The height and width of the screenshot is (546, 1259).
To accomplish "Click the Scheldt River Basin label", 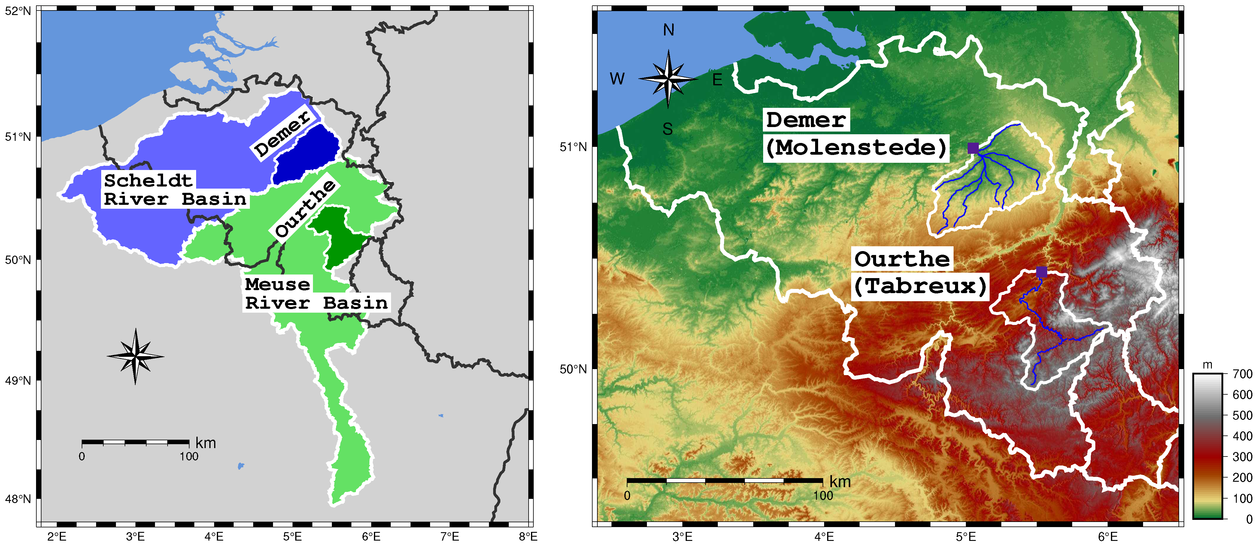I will pyautogui.click(x=174, y=190).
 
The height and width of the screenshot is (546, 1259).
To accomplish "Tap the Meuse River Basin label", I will pyautogui.click(x=316, y=293).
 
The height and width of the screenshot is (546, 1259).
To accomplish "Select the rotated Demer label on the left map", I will pyautogui.click(x=283, y=133).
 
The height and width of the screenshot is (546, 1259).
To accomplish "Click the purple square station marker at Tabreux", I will pyautogui.click(x=1042, y=272).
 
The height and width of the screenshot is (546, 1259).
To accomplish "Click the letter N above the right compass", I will pyautogui.click(x=669, y=30).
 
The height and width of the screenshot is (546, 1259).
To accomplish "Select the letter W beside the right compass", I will pyautogui.click(x=617, y=79).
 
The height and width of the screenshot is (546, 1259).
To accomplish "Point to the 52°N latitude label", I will pyautogui.click(x=18, y=11).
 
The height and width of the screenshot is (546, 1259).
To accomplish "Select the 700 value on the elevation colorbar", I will pyautogui.click(x=1242, y=374).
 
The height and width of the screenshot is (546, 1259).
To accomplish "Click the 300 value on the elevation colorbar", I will pyautogui.click(x=1242, y=457).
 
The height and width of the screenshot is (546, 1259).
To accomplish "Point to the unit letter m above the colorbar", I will pyautogui.click(x=1207, y=365).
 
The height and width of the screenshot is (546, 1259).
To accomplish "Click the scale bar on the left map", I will pyautogui.click(x=135, y=442).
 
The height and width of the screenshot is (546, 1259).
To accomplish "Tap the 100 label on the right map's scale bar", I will pyautogui.click(x=823, y=495).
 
